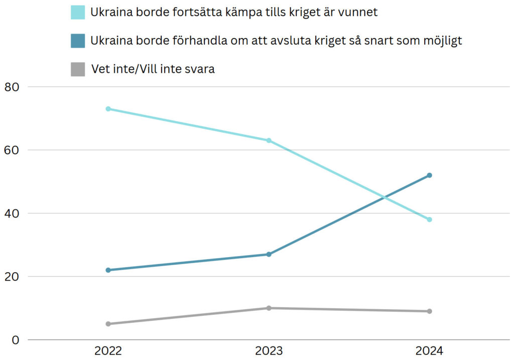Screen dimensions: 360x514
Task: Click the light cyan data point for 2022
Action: click(x=108, y=109)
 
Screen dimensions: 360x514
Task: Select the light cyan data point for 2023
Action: click(x=269, y=141)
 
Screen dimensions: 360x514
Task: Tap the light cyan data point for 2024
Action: click(x=429, y=219)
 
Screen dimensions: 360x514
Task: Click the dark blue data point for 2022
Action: click(x=108, y=270)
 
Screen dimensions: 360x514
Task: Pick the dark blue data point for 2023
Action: click(x=269, y=255)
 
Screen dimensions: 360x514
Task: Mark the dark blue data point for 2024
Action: click(x=429, y=175)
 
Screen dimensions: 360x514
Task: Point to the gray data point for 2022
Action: click(x=108, y=324)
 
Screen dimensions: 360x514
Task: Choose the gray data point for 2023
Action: click(x=269, y=308)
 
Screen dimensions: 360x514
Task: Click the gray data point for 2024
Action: click(x=429, y=311)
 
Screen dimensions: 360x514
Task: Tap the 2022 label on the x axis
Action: click(x=108, y=351)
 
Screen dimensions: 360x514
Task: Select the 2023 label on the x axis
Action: click(x=269, y=351)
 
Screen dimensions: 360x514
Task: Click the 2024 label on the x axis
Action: click(x=429, y=351)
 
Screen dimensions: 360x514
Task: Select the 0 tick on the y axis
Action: click(x=15, y=340)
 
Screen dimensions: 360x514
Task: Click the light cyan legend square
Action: click(x=78, y=13)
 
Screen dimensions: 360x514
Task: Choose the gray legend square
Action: click(x=78, y=69)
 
